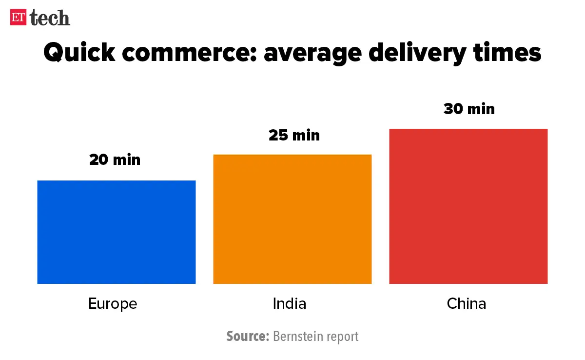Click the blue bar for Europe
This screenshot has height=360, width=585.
coord(116,232)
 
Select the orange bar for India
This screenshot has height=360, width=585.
coord(292,219)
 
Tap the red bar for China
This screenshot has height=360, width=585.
coord(468,206)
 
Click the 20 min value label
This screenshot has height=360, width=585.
coord(115,160)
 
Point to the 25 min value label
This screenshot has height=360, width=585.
coord(294,135)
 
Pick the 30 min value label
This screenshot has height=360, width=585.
coord(469,109)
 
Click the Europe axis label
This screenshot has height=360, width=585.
coord(113,304)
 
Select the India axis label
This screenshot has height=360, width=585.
coord(290,304)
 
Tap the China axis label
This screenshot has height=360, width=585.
coord(467,304)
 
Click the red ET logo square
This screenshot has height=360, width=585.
coord(19,18)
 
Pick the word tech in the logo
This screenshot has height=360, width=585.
coord(50,19)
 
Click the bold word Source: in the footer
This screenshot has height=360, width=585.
coord(248,337)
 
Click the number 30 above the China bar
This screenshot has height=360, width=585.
coord(453,109)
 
